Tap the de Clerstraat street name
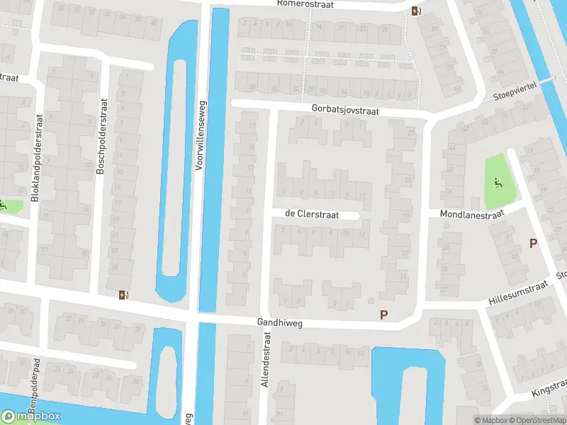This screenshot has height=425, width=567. click(312, 214)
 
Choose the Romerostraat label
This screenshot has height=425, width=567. click(313, 4)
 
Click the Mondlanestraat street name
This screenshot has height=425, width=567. click(471, 212)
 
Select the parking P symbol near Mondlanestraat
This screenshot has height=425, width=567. click(534, 244)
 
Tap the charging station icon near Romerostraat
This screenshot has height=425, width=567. click(415, 11)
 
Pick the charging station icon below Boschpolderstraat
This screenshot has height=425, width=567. click(124, 295)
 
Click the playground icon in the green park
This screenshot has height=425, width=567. click(498, 184)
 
